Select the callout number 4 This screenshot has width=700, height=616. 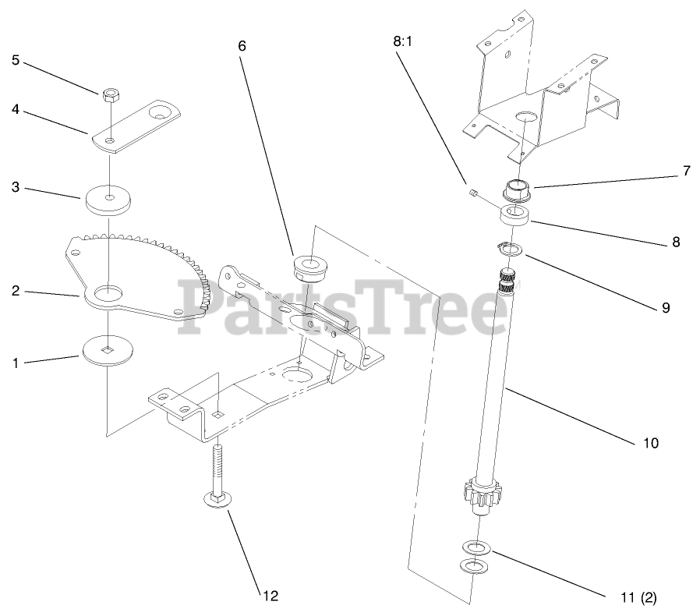15,110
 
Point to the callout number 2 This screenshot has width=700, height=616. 15,291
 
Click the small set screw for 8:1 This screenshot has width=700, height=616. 473,191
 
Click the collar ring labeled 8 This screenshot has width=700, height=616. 514,216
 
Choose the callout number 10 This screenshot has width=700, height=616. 651,443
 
